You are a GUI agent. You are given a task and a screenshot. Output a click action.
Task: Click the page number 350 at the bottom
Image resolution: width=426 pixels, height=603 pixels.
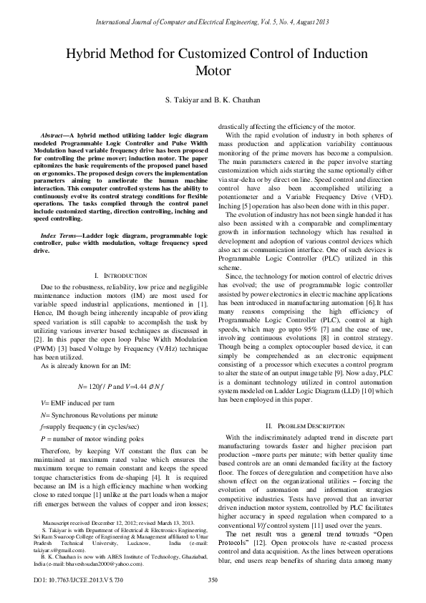[x=213, y=580]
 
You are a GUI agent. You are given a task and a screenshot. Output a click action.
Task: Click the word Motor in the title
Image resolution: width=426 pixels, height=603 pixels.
[x=213, y=71]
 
